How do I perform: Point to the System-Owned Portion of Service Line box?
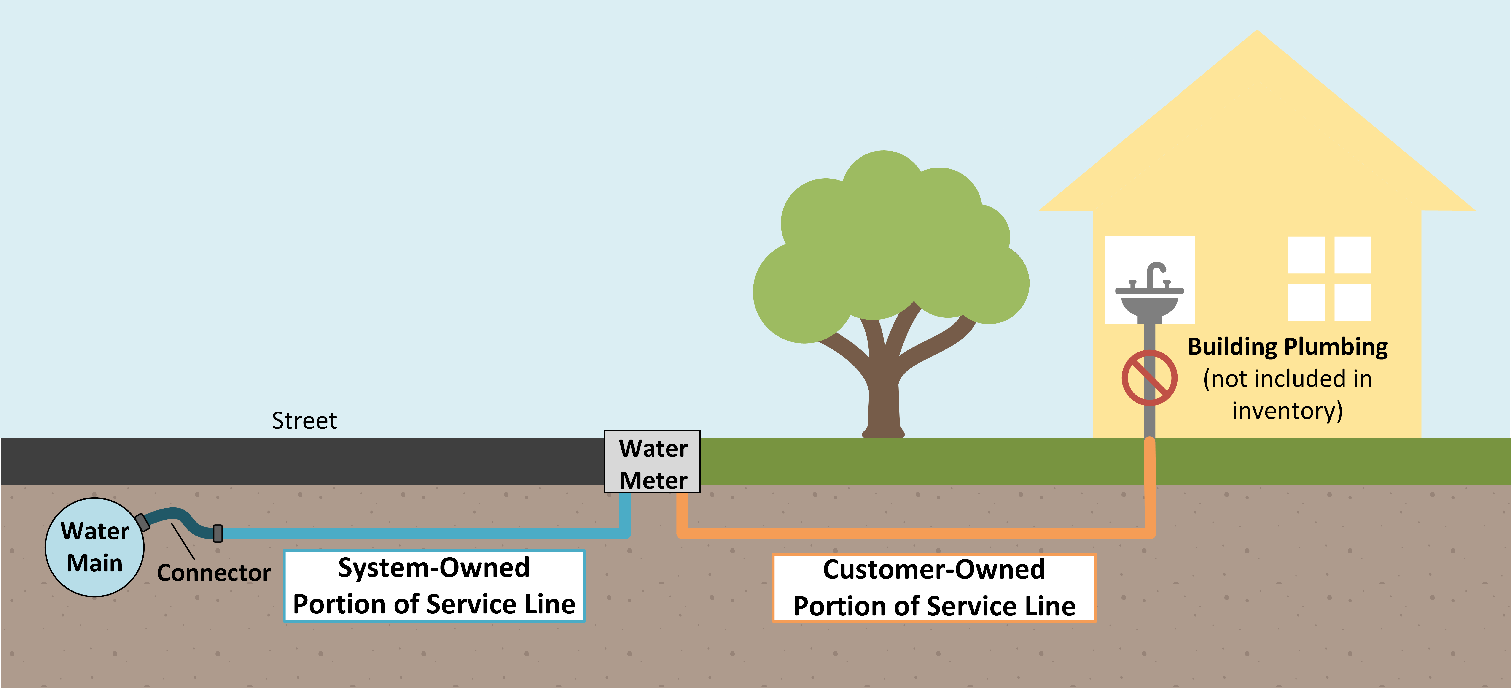point(434,586)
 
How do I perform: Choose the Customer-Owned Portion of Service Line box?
point(934,588)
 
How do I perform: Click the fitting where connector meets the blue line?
point(218,533)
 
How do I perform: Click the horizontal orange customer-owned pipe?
point(915,533)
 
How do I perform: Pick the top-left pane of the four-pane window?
point(1306,255)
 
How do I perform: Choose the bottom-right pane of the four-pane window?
point(1353,302)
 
